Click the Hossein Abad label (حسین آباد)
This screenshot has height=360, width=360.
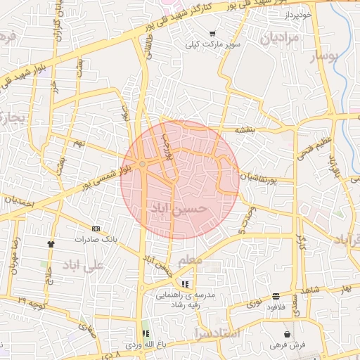[x=179, y=210]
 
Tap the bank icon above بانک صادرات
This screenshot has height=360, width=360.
[x=96, y=229]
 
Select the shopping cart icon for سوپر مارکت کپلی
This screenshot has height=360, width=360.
[x=212, y=34]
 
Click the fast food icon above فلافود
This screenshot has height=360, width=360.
[x=276, y=296]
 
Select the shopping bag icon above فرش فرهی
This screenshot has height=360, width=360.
[x=287, y=334]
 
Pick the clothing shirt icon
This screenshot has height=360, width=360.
[x=51, y=243]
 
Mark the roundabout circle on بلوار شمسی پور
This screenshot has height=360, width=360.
[x=143, y=164]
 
